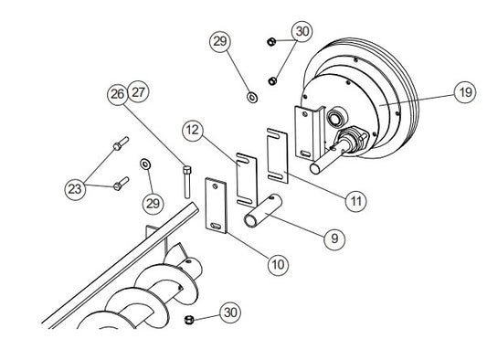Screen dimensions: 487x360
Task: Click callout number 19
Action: pos(465,92)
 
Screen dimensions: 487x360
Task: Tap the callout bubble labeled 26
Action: pos(117,94)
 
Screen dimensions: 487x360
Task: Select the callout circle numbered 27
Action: pos(138,92)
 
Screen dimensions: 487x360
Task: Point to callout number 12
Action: pos(193,130)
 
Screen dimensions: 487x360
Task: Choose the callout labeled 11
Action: pos(355,201)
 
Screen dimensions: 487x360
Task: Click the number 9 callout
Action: pos(334,238)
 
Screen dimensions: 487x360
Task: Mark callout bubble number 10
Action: pos(278,265)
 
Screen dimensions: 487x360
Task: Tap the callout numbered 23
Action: pos(75,189)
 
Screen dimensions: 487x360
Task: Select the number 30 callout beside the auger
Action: pos(230,312)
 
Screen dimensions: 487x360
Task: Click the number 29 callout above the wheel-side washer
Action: pos(220,41)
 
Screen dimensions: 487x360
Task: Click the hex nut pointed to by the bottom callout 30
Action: pos(189,319)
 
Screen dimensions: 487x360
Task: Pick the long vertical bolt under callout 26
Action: pos(186,182)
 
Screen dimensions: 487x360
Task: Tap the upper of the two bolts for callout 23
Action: pos(121,143)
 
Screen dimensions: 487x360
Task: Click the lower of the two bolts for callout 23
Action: pos(121,184)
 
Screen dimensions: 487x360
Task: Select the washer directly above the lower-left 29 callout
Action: pos(145,164)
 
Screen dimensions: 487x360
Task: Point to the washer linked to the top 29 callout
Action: pos(252,97)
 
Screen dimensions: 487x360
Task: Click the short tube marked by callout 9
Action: pos(262,211)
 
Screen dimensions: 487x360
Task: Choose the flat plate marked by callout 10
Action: pos(216,206)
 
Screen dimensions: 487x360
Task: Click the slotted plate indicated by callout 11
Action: pos(277,155)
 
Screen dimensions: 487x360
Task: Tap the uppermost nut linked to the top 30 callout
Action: pos(271,41)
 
